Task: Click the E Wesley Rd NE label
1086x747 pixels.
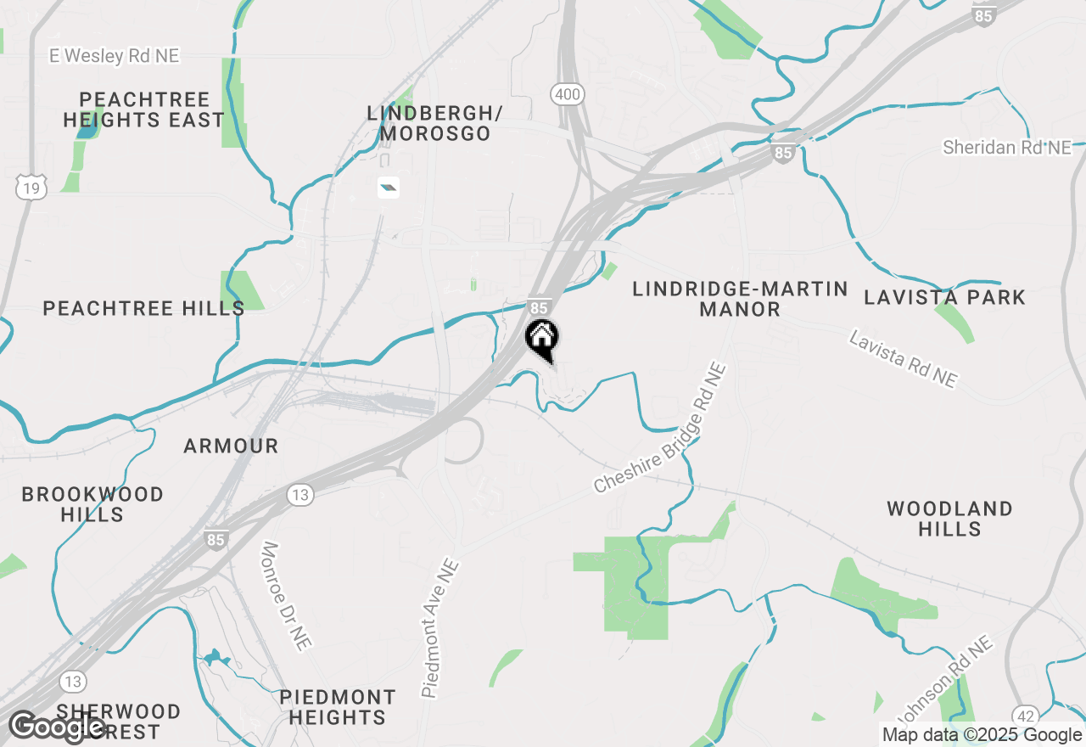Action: coord(115,56)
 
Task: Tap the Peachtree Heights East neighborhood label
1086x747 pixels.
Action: coord(143,110)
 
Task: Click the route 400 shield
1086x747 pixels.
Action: coord(566,94)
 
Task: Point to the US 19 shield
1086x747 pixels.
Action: coord(31,188)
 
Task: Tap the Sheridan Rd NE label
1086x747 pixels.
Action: coord(1007,148)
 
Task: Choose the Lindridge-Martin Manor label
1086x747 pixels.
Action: coord(740,299)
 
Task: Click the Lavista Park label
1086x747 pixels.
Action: coord(944,297)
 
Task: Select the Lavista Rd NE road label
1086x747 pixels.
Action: coord(903,360)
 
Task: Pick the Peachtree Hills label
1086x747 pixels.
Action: coord(143,308)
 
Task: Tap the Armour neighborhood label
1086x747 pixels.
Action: coord(231,446)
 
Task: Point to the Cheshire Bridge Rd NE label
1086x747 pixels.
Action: coord(660,429)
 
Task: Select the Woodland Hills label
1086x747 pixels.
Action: coord(949,519)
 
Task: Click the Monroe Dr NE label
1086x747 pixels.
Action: coord(285,597)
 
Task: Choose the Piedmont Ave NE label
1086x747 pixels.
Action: coord(440,628)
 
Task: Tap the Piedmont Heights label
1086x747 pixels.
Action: coord(338,707)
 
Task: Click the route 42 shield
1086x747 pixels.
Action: coord(1025,716)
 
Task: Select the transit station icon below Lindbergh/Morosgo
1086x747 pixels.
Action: coord(389,188)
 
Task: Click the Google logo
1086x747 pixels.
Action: coord(58,727)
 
